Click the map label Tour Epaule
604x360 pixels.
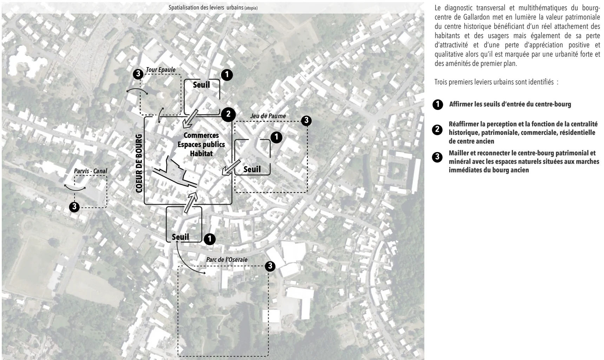point(160,70)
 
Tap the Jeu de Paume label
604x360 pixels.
point(268,116)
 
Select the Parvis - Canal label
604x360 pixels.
point(90,171)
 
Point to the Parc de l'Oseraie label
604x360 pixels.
point(227,260)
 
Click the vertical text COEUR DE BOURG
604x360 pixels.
point(139,163)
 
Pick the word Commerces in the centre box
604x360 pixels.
point(201,135)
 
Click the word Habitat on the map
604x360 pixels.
point(201,153)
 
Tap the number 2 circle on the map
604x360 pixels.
point(228,114)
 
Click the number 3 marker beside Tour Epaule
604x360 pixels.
point(138,74)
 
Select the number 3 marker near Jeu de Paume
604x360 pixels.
point(306,121)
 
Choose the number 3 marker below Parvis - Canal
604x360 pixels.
point(74,207)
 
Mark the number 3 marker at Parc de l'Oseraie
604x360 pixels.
point(270,266)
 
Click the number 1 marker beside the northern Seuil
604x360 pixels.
point(227,75)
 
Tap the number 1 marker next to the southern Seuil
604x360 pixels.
point(210,239)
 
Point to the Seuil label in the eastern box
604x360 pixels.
point(252,169)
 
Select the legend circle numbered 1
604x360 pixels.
point(438,105)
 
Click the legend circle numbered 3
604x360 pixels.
point(437,157)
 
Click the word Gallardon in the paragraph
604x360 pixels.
point(471,17)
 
